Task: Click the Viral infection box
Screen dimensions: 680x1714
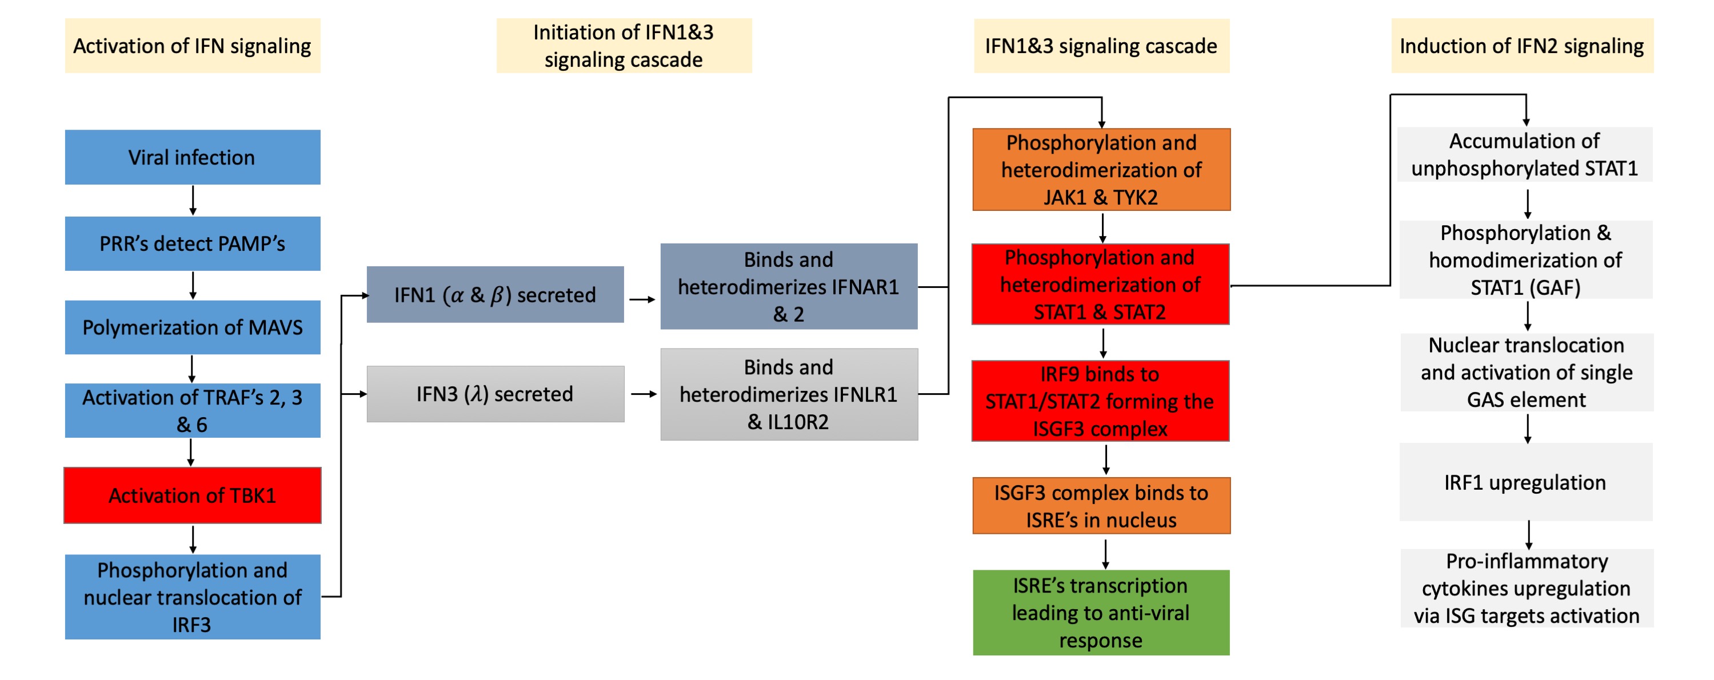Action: click(192, 157)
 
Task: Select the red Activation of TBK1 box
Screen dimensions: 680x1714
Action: click(192, 495)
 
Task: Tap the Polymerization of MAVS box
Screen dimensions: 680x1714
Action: click(192, 327)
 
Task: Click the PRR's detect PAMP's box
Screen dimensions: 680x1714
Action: click(192, 243)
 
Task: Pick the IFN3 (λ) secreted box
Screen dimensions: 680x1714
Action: click(495, 394)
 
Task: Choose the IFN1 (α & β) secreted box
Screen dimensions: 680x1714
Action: click(495, 295)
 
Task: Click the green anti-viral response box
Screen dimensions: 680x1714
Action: click(1101, 612)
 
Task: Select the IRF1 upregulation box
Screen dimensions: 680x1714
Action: click(1525, 482)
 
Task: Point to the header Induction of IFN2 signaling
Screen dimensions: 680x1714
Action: click(1522, 46)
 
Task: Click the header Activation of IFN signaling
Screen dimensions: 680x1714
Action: click(192, 46)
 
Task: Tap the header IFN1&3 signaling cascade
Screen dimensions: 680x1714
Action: click(1101, 46)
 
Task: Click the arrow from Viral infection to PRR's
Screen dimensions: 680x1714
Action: click(193, 200)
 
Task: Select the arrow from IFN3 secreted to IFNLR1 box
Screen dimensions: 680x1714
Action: click(643, 394)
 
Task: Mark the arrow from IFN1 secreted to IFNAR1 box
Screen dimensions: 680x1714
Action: click(642, 299)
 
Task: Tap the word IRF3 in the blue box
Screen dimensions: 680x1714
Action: click(191, 625)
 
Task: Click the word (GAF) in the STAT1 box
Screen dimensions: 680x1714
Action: click(1552, 287)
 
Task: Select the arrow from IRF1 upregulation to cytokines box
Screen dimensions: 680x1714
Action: click(1528, 534)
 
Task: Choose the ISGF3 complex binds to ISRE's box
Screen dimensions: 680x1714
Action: click(1101, 506)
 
